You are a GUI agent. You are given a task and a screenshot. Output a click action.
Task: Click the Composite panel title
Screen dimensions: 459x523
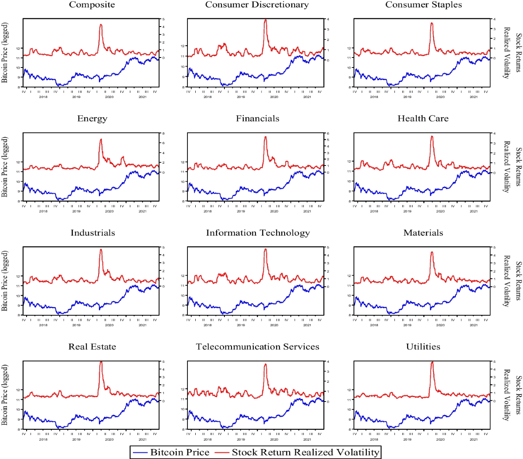[x=92, y=5]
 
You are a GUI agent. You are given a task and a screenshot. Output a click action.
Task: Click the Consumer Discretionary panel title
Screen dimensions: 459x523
[x=257, y=5]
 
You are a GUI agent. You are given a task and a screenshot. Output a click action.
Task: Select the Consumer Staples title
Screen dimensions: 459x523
[x=423, y=5]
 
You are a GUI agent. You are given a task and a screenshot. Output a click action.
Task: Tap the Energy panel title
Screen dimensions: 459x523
[x=92, y=119]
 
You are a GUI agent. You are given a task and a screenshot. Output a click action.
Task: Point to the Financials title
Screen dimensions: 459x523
[x=258, y=119]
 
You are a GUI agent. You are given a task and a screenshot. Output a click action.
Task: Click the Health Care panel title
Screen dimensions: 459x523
[x=423, y=119]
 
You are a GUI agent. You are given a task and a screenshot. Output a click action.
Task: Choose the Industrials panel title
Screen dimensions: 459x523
[x=92, y=233]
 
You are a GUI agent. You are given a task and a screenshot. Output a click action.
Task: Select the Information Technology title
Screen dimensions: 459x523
[x=258, y=233]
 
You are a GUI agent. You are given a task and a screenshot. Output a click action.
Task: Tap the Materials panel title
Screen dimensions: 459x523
[x=423, y=233]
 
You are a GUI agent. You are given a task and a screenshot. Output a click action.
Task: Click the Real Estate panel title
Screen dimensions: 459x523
[x=92, y=347]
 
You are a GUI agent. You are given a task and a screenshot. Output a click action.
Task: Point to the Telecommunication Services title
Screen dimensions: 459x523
[x=258, y=347]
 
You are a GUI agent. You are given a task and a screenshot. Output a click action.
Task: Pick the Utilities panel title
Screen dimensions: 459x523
[x=423, y=347]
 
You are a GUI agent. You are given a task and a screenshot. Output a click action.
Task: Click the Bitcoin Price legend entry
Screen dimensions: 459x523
[x=171, y=452]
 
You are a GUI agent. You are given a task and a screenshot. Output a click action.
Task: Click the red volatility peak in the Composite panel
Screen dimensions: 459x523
[x=101, y=25]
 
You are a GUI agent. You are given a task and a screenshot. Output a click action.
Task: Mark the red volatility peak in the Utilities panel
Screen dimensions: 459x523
[x=432, y=362]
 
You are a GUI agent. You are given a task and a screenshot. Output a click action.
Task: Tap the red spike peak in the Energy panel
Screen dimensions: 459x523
[x=101, y=139]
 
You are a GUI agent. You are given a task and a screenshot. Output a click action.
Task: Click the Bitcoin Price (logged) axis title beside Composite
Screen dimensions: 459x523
[x=5, y=53]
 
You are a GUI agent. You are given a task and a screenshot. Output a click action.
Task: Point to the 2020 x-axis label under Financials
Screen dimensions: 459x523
[x=274, y=211]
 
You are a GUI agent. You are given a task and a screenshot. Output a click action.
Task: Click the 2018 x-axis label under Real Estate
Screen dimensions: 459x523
[x=43, y=439]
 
